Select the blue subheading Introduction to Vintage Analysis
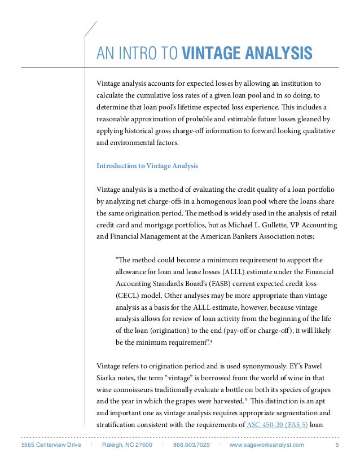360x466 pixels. [x=147, y=166]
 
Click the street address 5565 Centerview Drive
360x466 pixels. [x=51, y=445]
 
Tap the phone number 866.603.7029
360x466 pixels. [x=191, y=445]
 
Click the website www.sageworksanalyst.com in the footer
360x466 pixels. [x=266, y=445]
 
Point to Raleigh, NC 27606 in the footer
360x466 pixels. [x=127, y=445]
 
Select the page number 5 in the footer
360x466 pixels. [x=337, y=445]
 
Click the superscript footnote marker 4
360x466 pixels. [x=211, y=341]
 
